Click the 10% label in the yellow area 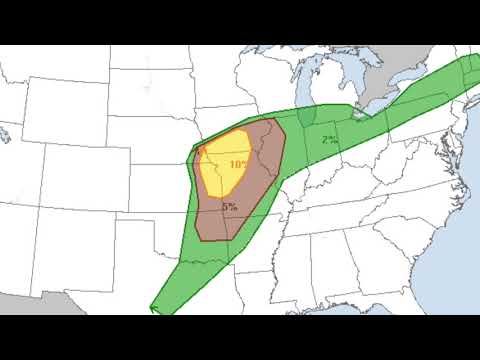[239, 163]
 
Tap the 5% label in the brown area [231, 206]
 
